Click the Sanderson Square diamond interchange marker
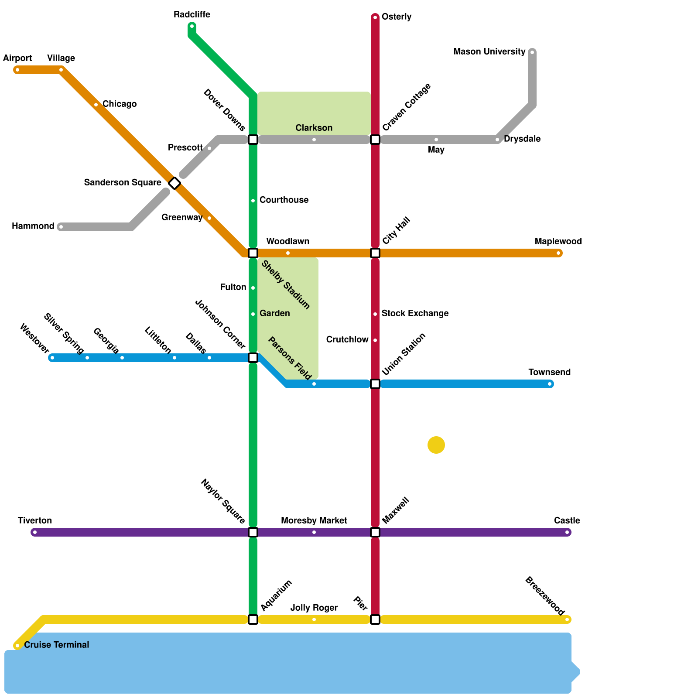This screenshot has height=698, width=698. pyautogui.click(x=174, y=183)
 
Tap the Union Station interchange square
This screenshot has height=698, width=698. pyautogui.click(x=375, y=384)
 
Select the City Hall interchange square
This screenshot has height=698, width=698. pyautogui.click(x=375, y=253)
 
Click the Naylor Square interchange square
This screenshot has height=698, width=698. pyautogui.click(x=253, y=532)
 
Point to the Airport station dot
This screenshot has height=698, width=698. pyautogui.click(x=17, y=70)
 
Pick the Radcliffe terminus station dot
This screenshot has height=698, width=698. pyautogui.click(x=192, y=26)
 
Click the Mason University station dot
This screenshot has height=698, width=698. pyautogui.click(x=532, y=52)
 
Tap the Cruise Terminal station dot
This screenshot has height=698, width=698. pyautogui.click(x=17, y=646)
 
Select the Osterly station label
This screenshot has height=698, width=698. pyautogui.click(x=396, y=17)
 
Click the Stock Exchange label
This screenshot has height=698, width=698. pyautogui.click(x=415, y=314)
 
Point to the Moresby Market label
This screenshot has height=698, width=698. pyautogui.click(x=314, y=520)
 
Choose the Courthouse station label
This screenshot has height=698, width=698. pyautogui.click(x=284, y=200)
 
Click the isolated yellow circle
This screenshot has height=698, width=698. pyautogui.click(x=436, y=445)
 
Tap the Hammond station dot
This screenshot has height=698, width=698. pyautogui.click(x=61, y=227)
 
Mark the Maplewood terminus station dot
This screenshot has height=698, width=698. pyautogui.click(x=558, y=253)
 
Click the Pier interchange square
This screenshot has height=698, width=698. pyautogui.click(x=375, y=619)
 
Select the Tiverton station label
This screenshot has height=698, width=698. pyautogui.click(x=35, y=520)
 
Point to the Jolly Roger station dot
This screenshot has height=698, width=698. pyautogui.click(x=314, y=619)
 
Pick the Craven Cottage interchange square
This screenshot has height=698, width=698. pyautogui.click(x=375, y=140)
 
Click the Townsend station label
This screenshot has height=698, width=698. pyautogui.click(x=549, y=372)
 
